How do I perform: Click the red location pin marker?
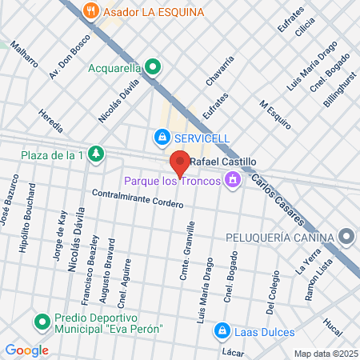pos(180,164)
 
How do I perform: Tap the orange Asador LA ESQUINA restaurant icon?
pos(92,12)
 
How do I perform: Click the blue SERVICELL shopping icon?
pos(162,138)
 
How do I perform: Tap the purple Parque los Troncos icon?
pos(233,179)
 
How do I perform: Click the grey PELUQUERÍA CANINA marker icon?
pos(346,237)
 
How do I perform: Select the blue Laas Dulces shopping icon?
pos(222,331)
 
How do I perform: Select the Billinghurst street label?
pos(340,87)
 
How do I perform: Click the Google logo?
pos(26,350)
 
